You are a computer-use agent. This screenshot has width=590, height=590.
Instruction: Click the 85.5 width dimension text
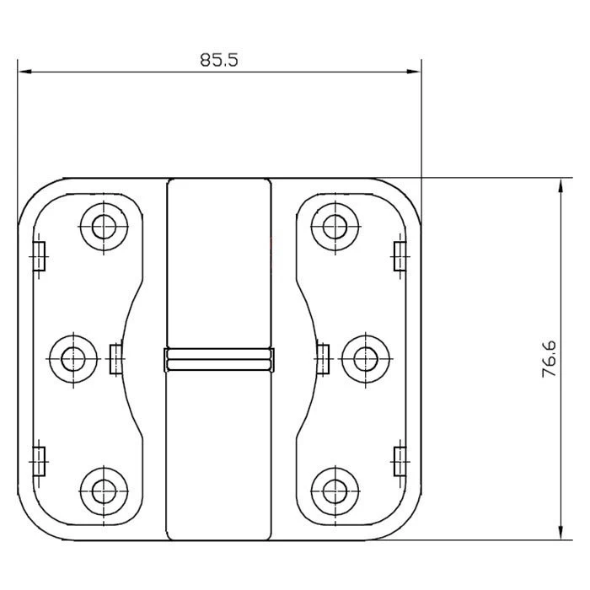[219, 60]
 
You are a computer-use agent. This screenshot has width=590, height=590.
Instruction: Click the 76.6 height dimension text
[549, 359]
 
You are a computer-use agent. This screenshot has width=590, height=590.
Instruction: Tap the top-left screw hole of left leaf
[104, 227]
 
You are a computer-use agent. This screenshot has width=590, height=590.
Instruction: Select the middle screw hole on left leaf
[73, 359]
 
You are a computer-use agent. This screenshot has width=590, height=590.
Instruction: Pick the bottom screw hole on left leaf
[104, 491]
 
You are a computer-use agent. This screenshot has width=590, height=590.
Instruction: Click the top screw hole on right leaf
[335, 227]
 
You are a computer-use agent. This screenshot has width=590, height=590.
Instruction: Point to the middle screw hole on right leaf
[365, 359]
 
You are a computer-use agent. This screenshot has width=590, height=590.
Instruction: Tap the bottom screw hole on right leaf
[335, 491]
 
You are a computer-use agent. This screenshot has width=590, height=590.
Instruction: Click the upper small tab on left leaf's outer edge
[39, 256]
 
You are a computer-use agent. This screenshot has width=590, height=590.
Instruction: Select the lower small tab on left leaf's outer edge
[39, 461]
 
